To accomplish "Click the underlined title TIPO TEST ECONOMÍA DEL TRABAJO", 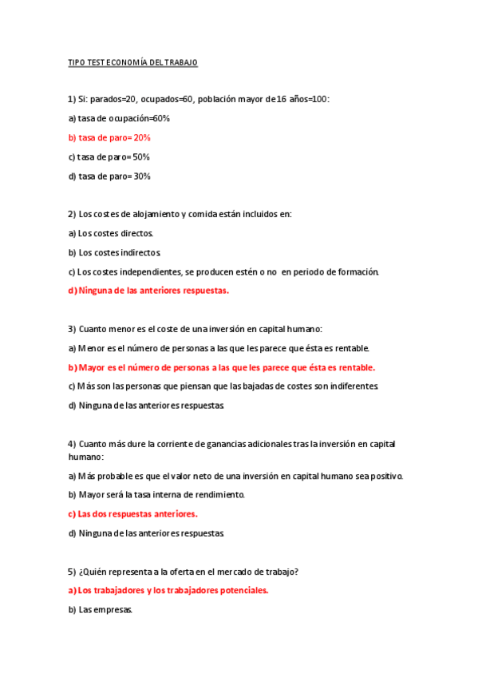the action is point(132,62).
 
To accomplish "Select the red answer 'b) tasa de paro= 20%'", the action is point(109,137).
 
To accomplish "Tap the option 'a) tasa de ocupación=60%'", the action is point(119,118).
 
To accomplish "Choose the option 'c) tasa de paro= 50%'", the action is point(109,156).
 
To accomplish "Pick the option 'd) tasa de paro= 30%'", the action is point(109,176).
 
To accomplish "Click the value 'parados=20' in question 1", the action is point(113,99).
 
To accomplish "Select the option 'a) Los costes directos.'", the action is point(110,233).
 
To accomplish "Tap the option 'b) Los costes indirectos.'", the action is point(114,252).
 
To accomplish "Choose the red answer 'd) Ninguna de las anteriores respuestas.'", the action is point(148,291).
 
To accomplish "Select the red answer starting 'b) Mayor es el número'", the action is point(221,367).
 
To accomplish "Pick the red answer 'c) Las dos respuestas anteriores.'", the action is point(132,514).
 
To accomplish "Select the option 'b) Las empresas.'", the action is point(101,610).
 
